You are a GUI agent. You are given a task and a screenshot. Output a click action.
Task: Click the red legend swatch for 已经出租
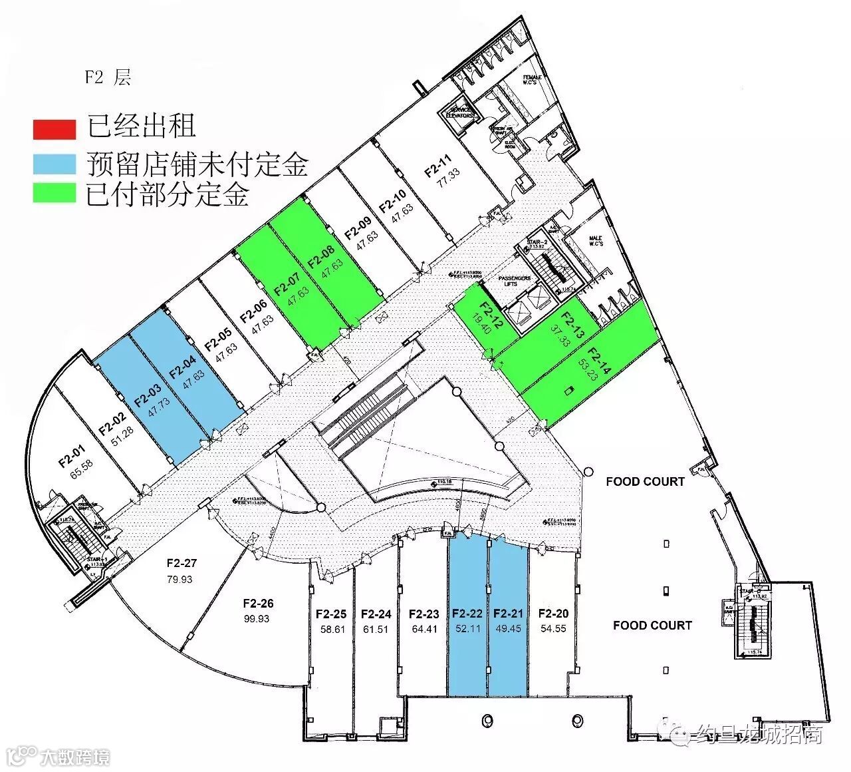point(55,129)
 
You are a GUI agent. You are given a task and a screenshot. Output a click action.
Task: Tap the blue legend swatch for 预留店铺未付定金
point(55,162)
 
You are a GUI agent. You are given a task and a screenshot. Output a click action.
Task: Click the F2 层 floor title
point(108,77)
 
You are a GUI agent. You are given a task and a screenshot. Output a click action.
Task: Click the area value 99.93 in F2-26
point(258,618)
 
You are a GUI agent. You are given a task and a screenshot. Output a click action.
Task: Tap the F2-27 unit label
point(182,564)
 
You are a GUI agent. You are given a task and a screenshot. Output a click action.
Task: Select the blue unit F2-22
point(467,619)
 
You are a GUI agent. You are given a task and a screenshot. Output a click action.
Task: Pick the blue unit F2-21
point(509,619)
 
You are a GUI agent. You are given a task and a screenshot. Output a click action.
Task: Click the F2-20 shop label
point(553,613)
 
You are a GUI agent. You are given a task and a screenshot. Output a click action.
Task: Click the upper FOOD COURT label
point(645,481)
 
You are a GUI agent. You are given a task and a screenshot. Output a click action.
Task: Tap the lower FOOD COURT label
point(652,625)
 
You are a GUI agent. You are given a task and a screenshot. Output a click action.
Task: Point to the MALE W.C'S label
point(596,242)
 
